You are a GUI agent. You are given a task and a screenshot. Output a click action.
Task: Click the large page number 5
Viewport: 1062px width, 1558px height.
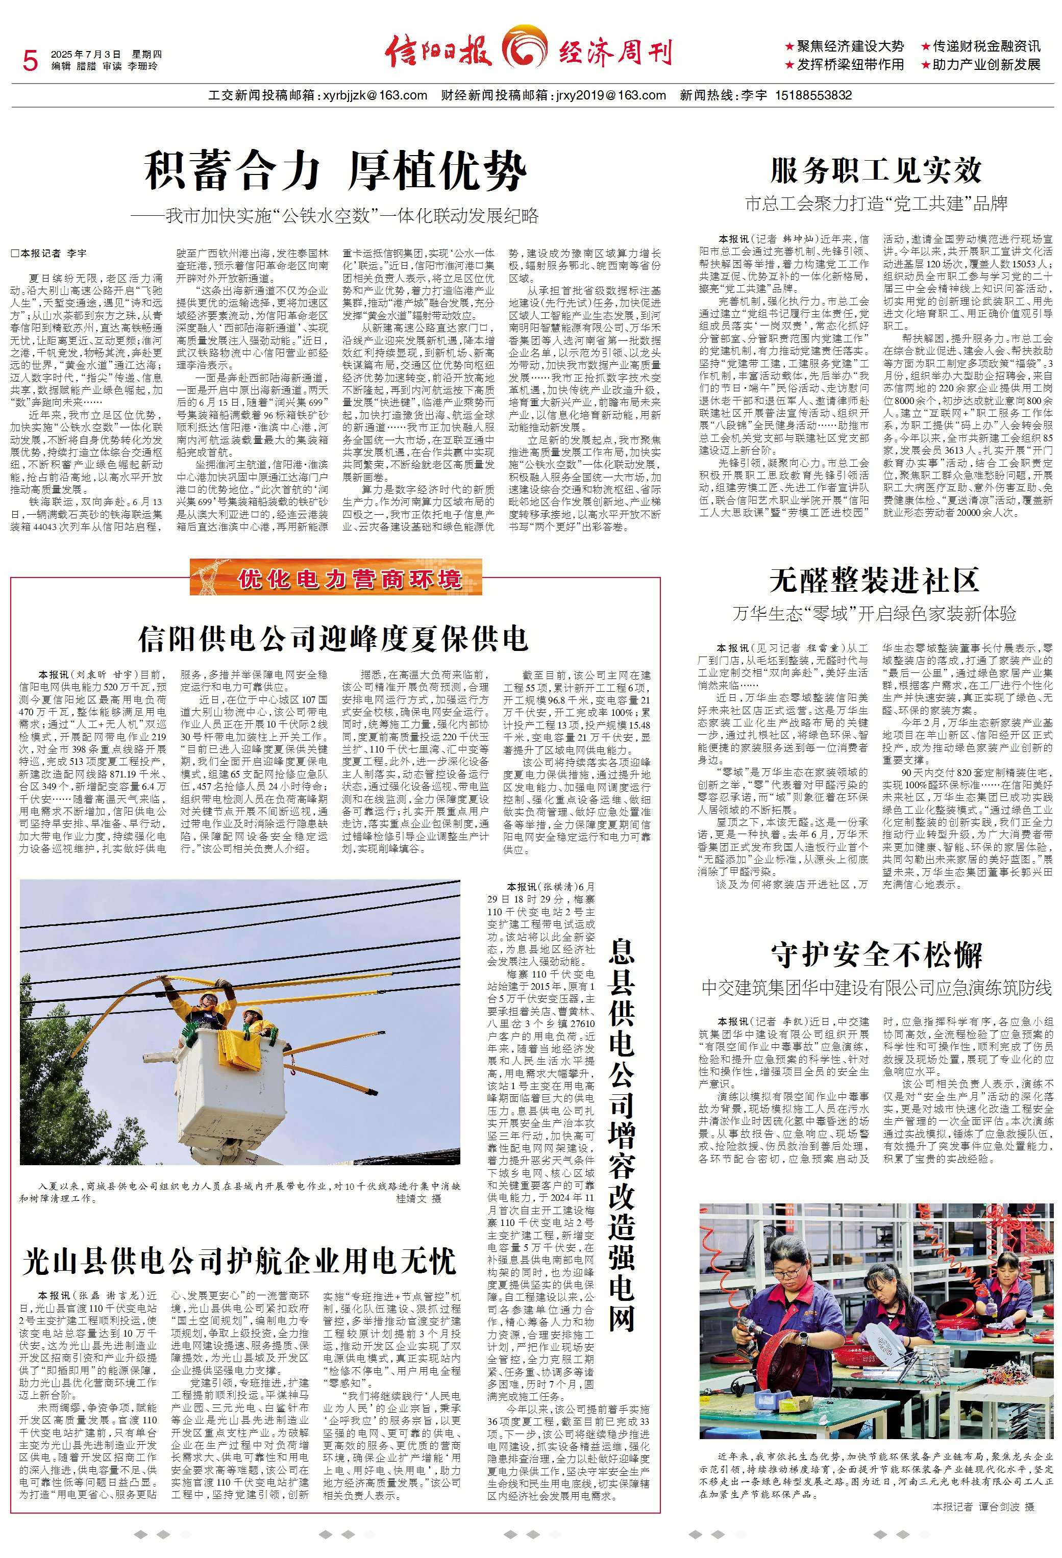click(30, 61)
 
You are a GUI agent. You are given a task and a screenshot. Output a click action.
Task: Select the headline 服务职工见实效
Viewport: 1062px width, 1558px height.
click(876, 171)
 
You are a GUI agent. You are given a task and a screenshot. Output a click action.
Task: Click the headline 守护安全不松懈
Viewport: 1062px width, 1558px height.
click(876, 954)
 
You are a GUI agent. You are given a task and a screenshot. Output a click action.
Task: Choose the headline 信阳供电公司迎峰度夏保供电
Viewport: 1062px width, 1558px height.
click(333, 639)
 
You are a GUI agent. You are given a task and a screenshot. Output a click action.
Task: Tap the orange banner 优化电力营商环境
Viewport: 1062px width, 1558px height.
click(349, 579)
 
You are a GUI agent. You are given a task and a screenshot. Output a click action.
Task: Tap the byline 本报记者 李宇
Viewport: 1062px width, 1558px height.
click(50, 254)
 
